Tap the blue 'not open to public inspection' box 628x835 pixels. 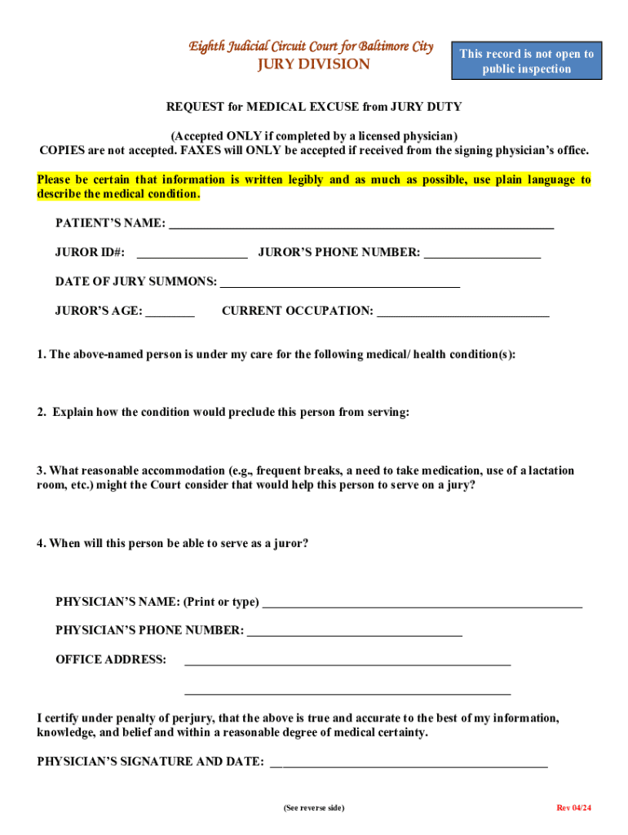526,61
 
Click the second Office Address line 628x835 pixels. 347,692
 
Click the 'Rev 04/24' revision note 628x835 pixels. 573,807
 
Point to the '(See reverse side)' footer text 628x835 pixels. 314,807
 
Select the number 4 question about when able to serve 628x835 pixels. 172,543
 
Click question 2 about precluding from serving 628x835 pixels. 223,412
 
